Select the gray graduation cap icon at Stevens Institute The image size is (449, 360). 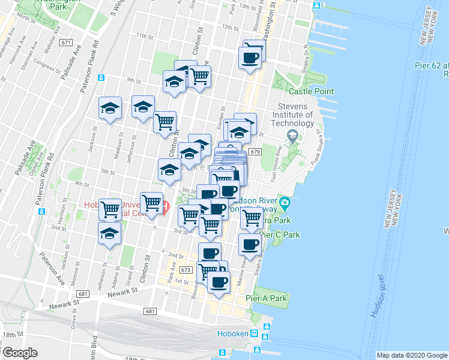point(292,134)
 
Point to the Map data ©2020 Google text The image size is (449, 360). point(412,355)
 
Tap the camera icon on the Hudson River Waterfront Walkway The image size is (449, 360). point(285,202)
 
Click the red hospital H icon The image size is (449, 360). point(165,208)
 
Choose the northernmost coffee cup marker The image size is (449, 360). point(250,58)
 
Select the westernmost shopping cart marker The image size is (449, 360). point(110,210)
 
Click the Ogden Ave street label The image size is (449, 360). point(25,161)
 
